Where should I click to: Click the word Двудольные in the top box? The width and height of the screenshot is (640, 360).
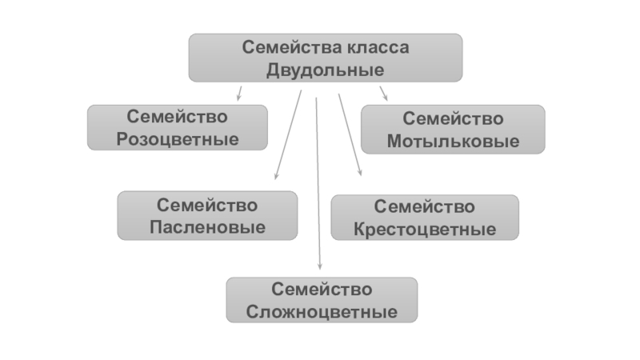coord(326,70)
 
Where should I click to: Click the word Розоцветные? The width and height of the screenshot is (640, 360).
coord(178,139)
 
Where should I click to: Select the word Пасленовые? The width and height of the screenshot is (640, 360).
coord(207,227)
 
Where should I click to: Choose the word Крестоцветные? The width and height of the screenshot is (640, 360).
coord(425,230)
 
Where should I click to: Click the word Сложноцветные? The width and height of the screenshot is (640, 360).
coord(322,311)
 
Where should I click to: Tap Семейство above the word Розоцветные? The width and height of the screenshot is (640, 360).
coord(178,117)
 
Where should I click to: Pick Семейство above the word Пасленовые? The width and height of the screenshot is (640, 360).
coord(207,205)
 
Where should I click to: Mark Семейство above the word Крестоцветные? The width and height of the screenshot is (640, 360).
coord(425,207)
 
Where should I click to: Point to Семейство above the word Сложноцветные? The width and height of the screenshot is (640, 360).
coord(322,289)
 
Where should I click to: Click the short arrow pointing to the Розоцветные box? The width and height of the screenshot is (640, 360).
coord(239,93)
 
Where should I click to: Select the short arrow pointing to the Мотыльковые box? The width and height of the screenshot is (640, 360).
coord(383,93)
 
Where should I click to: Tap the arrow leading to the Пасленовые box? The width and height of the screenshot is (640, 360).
coord(287,134)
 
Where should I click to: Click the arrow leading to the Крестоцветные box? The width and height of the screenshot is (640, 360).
coord(350,134)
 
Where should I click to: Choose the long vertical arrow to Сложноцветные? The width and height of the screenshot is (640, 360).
coord(318,184)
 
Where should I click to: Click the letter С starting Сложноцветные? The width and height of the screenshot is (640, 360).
coord(252,311)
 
